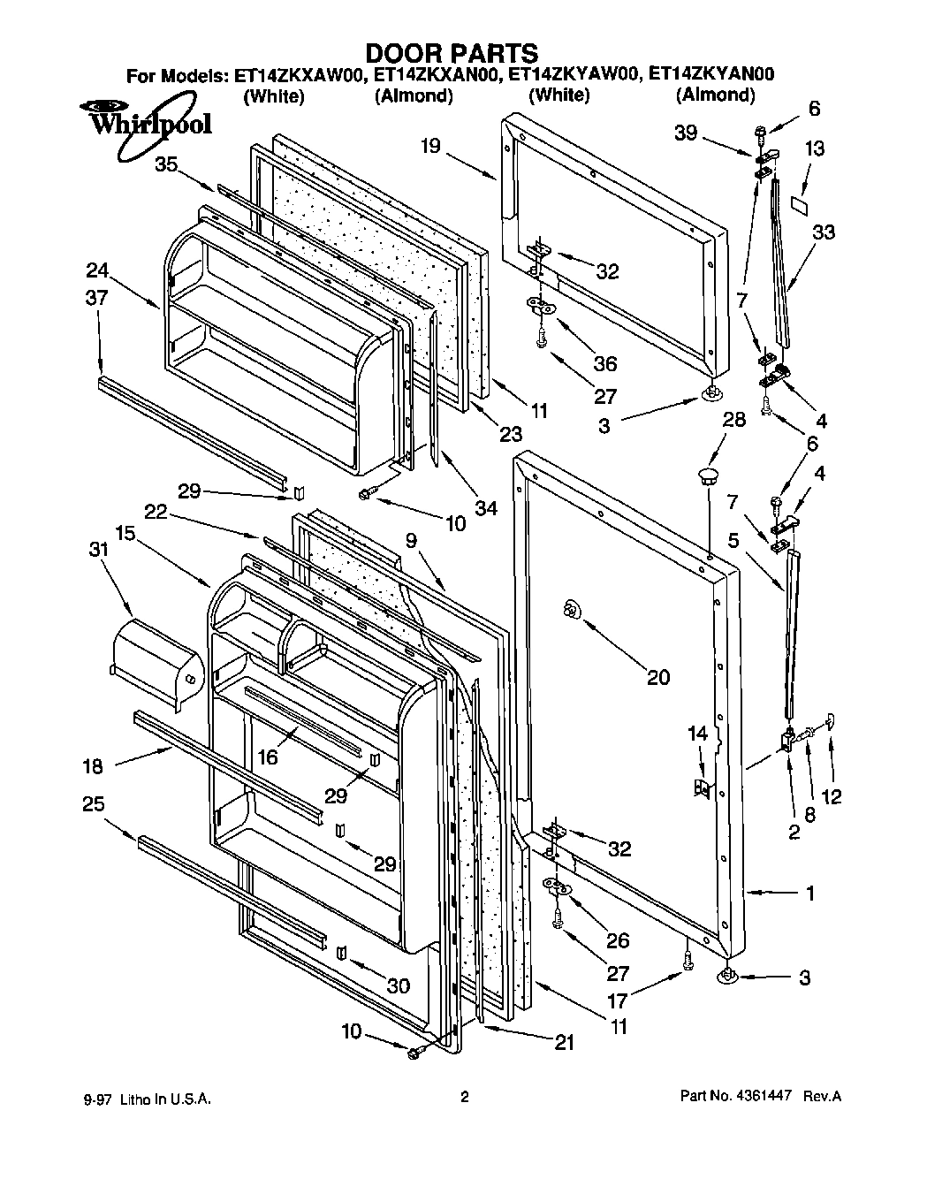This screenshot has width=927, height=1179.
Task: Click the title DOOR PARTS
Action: coord(451,54)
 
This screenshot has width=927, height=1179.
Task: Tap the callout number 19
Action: coord(430,147)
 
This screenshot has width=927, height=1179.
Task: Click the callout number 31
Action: coord(98,549)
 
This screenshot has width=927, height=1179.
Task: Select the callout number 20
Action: coord(658,677)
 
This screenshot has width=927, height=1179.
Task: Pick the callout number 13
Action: coord(815,148)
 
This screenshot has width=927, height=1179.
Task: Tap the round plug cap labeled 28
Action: coord(708,478)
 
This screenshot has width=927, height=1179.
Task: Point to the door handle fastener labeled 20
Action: coord(570,608)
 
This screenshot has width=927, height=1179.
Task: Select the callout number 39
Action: coord(686,133)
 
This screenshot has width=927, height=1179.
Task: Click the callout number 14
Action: coord(698,733)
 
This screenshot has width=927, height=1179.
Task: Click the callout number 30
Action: coord(399,985)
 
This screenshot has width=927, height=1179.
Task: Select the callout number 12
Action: coord(831,796)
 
